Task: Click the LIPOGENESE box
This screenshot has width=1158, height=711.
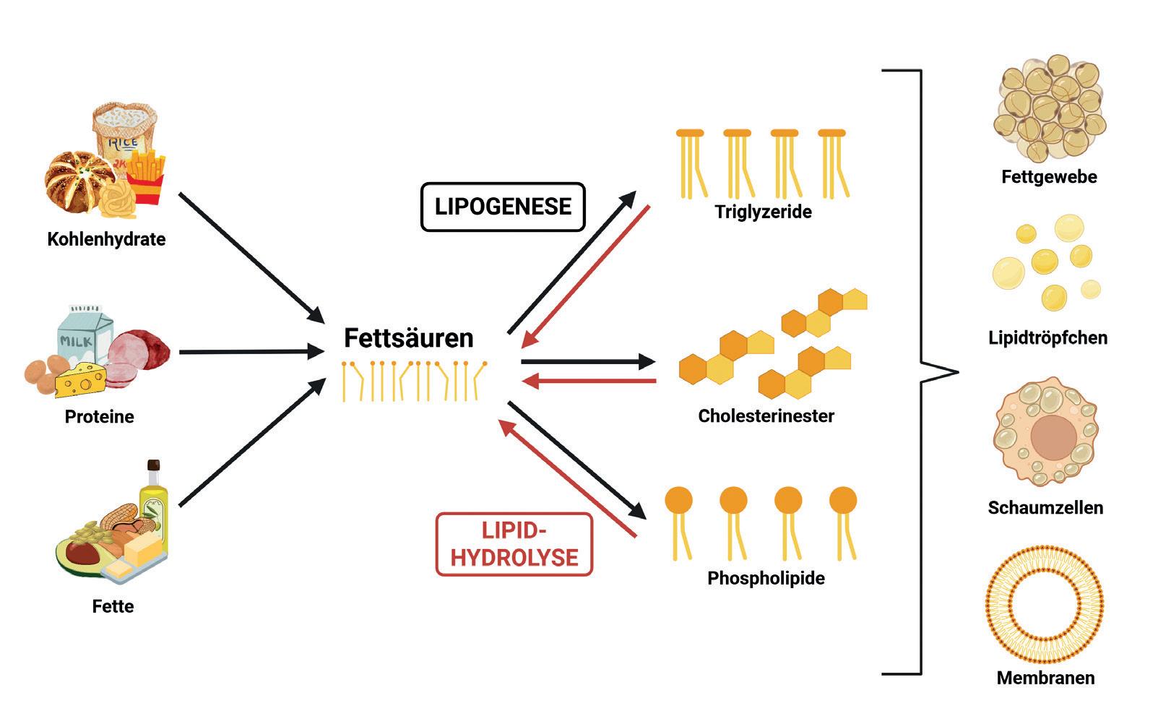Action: coord(503,207)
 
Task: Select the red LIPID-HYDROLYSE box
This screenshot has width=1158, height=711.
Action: coord(514,544)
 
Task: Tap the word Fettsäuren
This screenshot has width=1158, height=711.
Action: coord(408,337)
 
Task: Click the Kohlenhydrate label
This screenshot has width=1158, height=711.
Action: coord(106,239)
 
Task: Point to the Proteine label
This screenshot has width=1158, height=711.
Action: coord(100,416)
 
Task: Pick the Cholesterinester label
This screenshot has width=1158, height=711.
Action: coord(766,415)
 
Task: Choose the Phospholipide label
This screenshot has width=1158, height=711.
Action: coord(766,578)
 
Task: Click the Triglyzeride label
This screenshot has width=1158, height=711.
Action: coord(763,212)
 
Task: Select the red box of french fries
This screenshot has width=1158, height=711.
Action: coord(149,177)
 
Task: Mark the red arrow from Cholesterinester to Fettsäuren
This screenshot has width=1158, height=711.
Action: coord(589,380)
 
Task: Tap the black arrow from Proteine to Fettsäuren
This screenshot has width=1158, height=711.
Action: coord(251,352)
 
